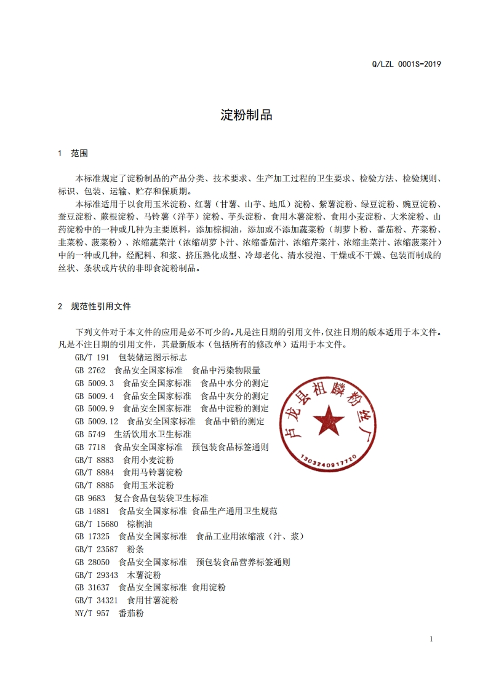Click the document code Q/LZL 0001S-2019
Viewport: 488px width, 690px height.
pos(407,63)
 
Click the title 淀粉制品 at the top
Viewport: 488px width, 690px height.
pos(246,115)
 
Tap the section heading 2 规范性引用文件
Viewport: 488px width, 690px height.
pos(94,306)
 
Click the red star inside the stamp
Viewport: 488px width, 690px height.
pos(328,421)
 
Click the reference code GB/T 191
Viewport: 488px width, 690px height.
pos(92,357)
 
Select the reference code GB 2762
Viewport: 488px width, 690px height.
pos(90,370)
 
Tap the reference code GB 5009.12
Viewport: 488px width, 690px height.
pos(96,421)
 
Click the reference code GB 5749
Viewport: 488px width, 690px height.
pos(90,434)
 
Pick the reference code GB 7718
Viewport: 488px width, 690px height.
pos(90,447)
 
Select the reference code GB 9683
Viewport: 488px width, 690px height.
pos(90,498)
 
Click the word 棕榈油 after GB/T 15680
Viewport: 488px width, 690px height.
pos(140,524)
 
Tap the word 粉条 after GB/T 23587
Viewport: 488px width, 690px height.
pos(135,549)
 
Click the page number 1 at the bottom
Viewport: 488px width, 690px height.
pos(431,639)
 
